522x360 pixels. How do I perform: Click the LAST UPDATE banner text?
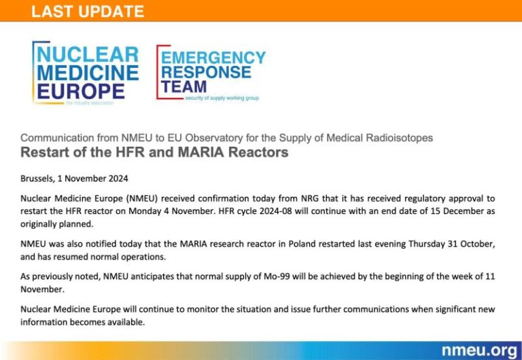pos(88,12)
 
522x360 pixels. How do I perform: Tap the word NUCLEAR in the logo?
pos(88,54)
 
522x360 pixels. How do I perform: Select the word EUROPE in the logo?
pos(81,91)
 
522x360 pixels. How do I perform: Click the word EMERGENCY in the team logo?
pos(213,57)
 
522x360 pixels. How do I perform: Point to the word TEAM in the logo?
pos(184,86)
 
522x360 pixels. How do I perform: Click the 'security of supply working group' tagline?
pos(222,98)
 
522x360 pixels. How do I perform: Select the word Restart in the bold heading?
pos(41,152)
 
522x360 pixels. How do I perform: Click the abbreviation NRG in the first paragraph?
pos(310,198)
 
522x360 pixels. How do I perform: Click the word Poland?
pos(302,244)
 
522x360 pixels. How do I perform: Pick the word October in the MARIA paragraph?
pos(478,244)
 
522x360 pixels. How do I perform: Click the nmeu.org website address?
pos(479,350)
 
